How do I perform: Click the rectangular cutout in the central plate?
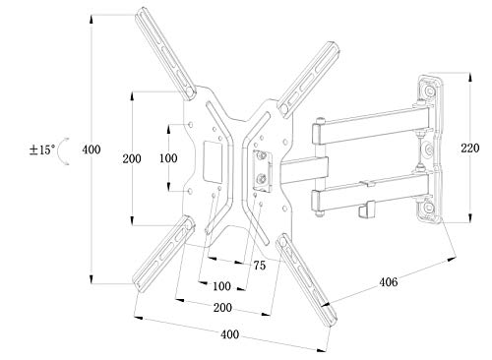[x=211, y=158]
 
